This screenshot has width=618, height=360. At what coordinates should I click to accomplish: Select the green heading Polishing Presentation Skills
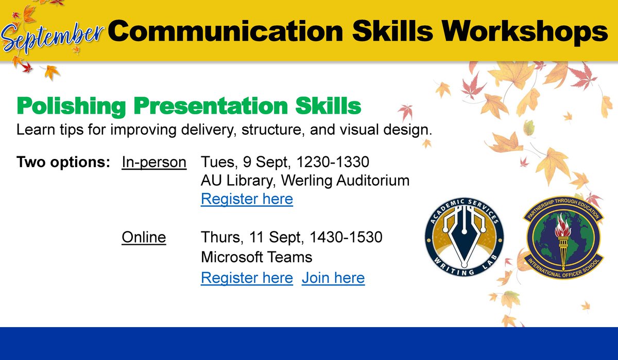189,106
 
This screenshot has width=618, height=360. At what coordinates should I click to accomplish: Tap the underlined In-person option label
154,163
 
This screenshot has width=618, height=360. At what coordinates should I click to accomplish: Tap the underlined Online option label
144,238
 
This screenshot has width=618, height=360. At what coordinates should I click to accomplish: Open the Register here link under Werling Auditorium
247,199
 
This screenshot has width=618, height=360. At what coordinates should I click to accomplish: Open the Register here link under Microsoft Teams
247,278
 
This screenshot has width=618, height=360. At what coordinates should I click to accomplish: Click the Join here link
333,278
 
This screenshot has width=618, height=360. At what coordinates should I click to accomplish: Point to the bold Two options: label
63,163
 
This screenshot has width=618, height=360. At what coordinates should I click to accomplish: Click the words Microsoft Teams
256,256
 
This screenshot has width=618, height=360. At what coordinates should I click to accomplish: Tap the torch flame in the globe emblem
561,225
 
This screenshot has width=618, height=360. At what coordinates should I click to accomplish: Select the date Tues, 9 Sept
234,163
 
